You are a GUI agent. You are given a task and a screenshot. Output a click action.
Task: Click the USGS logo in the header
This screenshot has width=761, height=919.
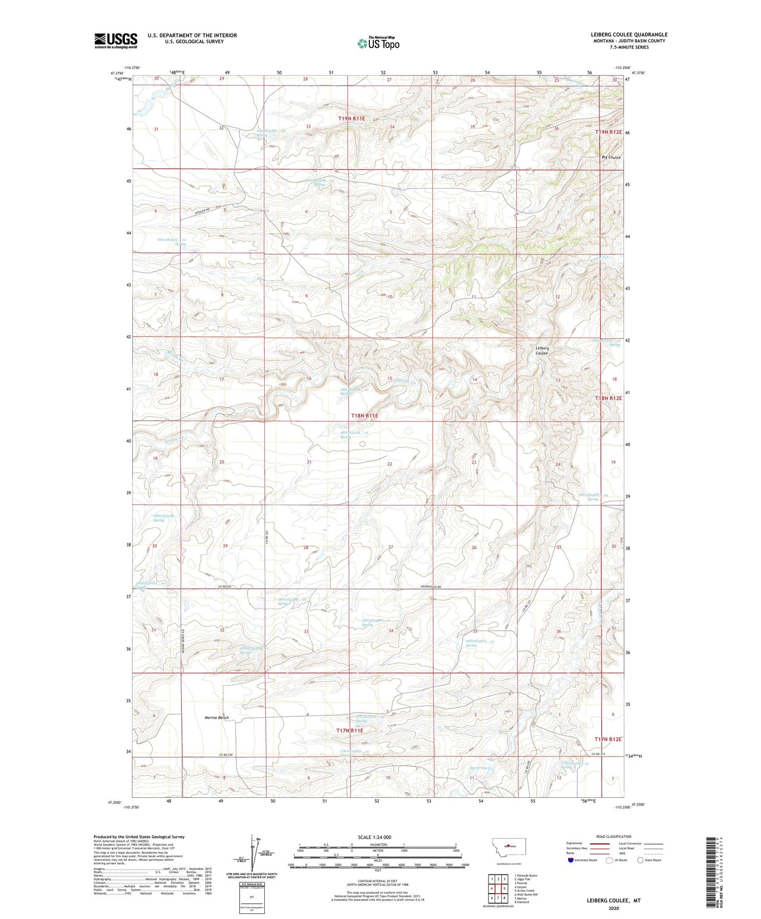(x=116, y=41)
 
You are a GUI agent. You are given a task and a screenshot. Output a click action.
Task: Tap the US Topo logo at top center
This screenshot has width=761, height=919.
(x=378, y=44)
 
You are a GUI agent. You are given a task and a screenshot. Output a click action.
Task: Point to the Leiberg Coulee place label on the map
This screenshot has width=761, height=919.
(x=542, y=350)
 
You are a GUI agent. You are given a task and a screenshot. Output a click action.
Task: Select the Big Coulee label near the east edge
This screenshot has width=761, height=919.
(x=611, y=157)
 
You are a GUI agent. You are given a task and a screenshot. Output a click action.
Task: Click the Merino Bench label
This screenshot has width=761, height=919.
(x=217, y=718)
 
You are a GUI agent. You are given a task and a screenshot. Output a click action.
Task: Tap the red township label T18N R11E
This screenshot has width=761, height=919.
(x=364, y=416)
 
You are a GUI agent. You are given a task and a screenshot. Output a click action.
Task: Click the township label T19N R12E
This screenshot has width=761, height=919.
(x=608, y=132)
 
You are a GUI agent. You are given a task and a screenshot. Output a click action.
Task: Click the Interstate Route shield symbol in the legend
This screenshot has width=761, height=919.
(x=571, y=860)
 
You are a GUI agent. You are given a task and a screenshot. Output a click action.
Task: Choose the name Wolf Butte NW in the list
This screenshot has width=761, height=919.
(x=526, y=894)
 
